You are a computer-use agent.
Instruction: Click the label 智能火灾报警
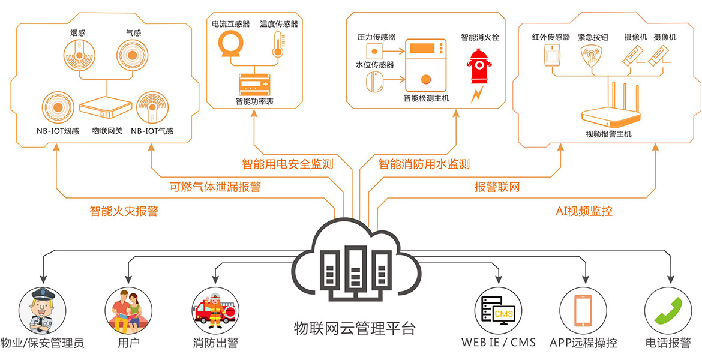[124, 211]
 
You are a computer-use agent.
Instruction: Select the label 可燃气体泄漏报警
[215, 187]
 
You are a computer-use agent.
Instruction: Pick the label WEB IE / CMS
[498, 343]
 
